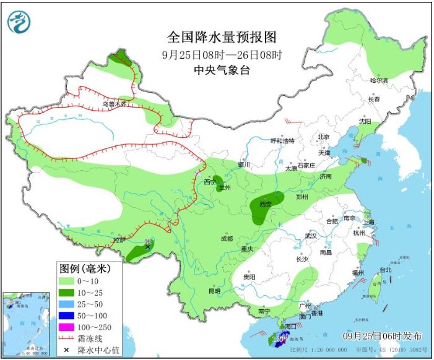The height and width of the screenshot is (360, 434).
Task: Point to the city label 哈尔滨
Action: [x=378, y=80]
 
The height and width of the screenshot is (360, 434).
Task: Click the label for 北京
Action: [x=323, y=137]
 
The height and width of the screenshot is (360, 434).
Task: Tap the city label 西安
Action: [x=266, y=204]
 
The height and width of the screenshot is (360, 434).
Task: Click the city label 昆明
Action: [x=214, y=291]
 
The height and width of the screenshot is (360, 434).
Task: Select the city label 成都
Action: [x=226, y=239]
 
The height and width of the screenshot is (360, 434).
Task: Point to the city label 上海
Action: [x=370, y=221]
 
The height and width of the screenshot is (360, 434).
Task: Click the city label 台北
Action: [x=385, y=270]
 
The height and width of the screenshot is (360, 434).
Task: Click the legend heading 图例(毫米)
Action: [x=84, y=269]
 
